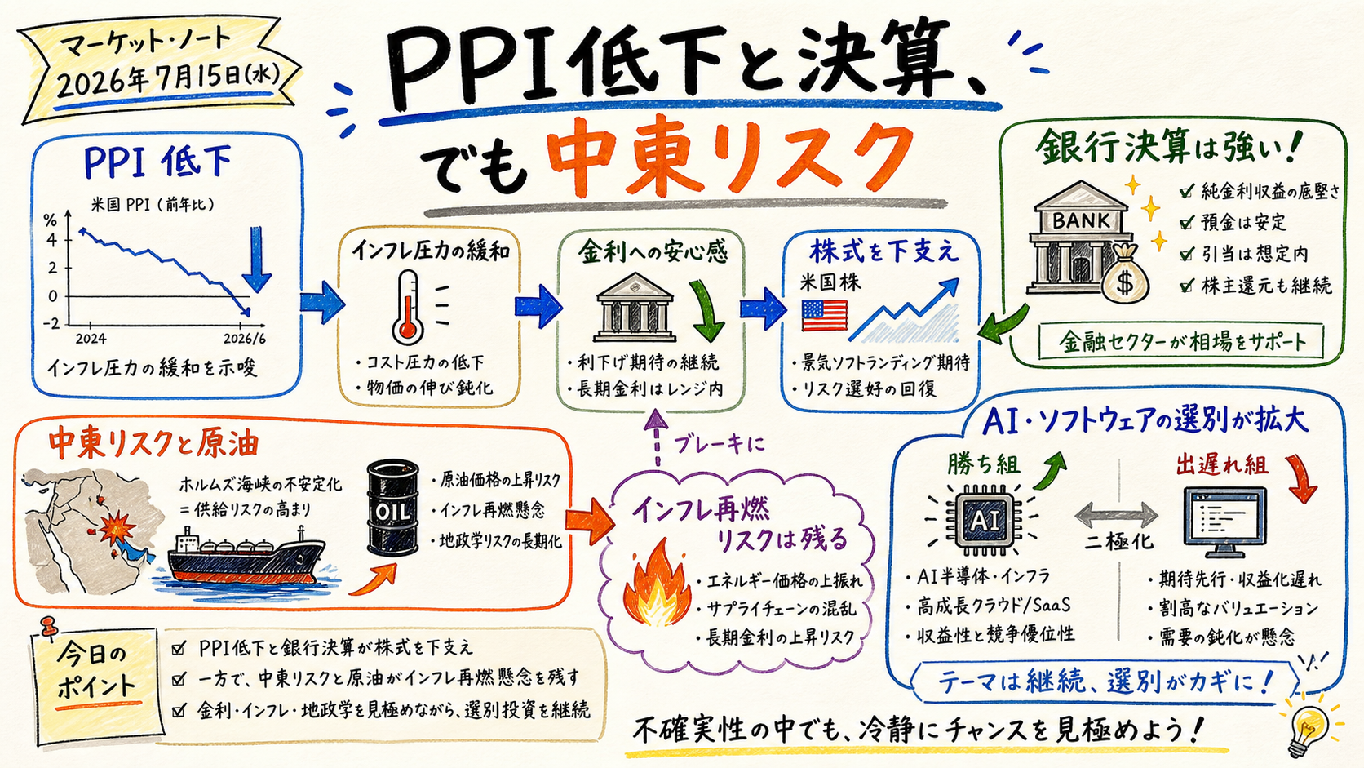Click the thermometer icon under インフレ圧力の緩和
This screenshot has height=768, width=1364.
click(x=408, y=308)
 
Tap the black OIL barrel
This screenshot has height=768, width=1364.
click(x=392, y=507)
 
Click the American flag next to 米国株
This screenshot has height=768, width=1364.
click(x=824, y=316)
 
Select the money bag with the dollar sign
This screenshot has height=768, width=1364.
click(x=1124, y=273)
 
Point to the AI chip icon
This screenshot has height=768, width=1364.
click(x=984, y=519)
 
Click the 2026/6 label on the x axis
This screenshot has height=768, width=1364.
click(x=244, y=339)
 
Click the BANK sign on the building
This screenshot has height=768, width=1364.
click(x=1081, y=220)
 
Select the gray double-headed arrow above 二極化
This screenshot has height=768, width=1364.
click(x=1116, y=516)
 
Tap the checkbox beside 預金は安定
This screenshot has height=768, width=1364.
click(x=1185, y=224)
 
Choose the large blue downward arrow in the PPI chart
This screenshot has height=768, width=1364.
click(x=256, y=260)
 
